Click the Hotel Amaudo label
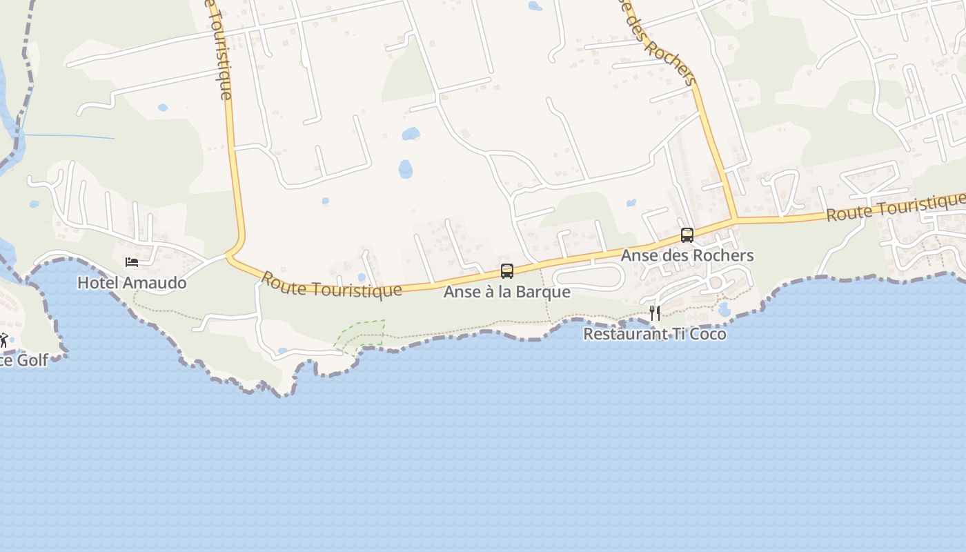pos(132,283)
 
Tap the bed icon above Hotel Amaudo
pos(132,262)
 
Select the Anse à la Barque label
pos(506,292)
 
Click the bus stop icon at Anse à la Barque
pos(507,271)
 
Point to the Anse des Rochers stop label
pos(687,255)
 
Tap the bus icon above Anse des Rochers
pos(687,235)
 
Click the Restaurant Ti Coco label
pos(654,334)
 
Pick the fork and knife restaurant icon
pos(654,313)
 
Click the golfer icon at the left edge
pos(3,340)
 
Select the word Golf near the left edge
pos(32,360)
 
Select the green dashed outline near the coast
pos(360,335)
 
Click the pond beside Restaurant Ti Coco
pos(724,310)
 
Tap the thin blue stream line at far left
pos(69,136)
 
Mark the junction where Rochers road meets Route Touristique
pos(733,220)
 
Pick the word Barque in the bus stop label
pos(546,292)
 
